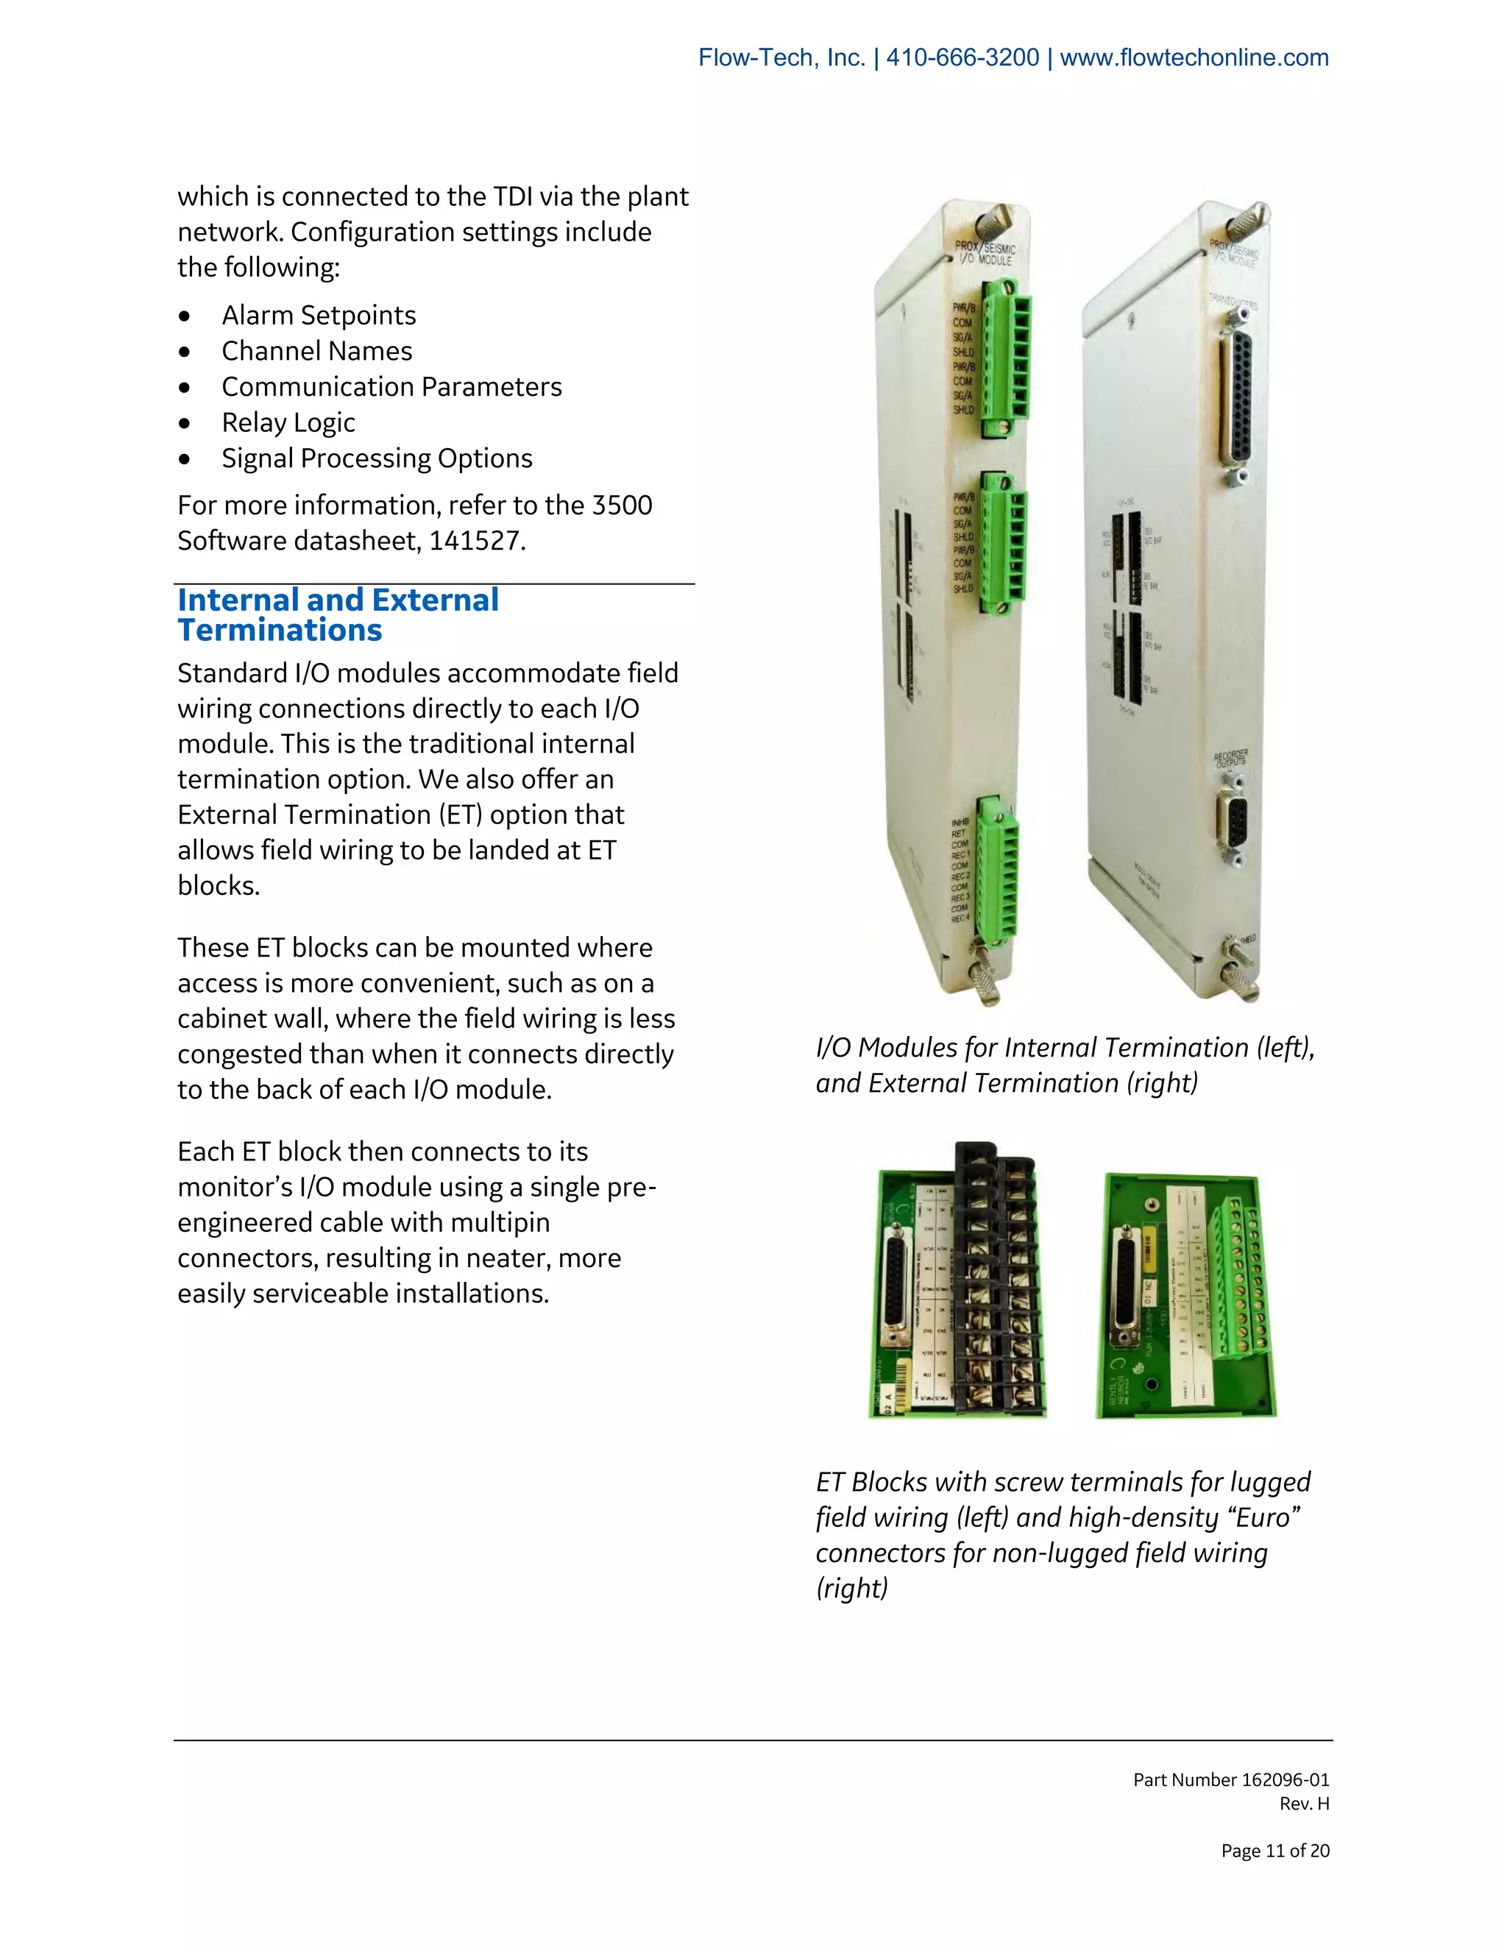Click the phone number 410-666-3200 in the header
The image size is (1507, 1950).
pyautogui.click(x=962, y=58)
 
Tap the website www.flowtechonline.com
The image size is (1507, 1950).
pyautogui.click(x=1194, y=58)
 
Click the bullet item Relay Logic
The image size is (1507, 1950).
pyautogui.click(x=288, y=422)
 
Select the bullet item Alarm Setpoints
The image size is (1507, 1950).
pyautogui.click(x=319, y=315)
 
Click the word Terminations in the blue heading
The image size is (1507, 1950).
pyautogui.click(x=280, y=631)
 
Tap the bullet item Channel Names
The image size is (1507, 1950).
pyautogui.click(x=317, y=351)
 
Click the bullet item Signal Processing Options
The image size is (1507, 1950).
pyautogui.click(x=377, y=458)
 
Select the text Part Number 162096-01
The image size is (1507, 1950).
pyautogui.click(x=1230, y=1779)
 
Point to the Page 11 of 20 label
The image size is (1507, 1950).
pyautogui.click(x=1275, y=1851)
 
